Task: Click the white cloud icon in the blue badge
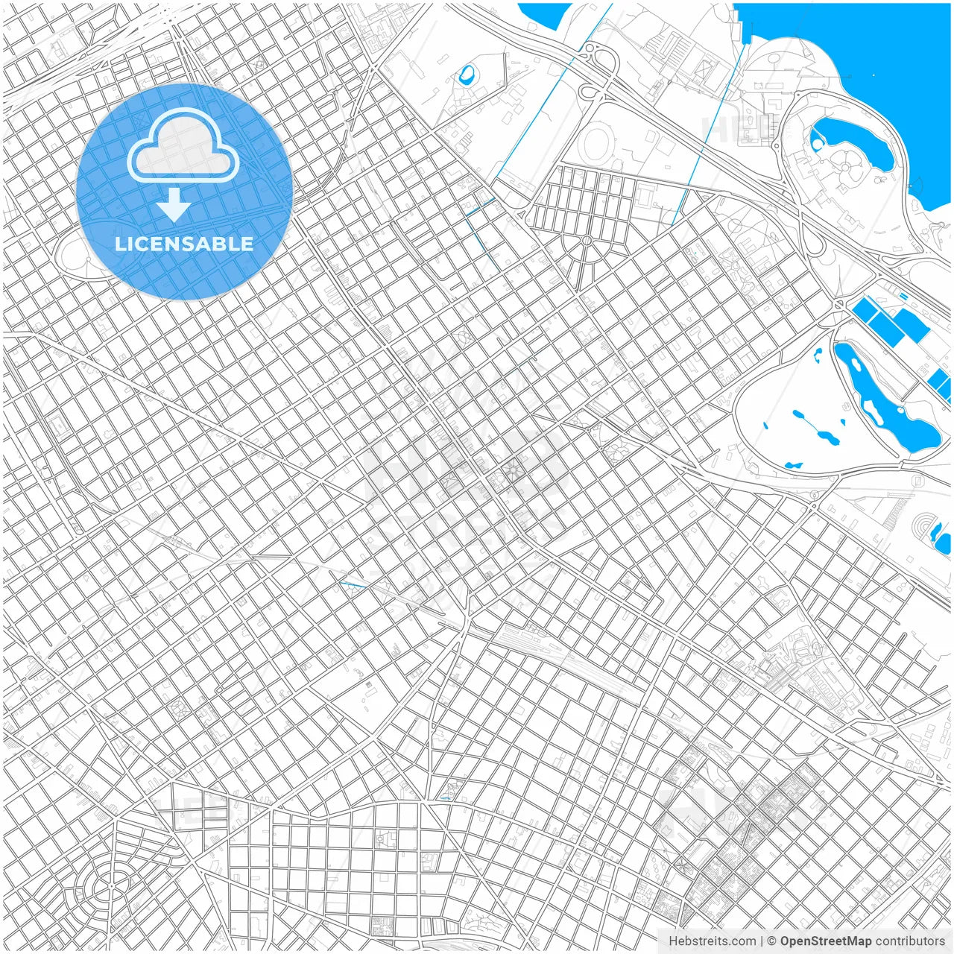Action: click(183, 147)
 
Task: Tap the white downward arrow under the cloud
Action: click(174, 205)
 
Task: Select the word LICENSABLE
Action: click(184, 244)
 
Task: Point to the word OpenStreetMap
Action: click(826, 941)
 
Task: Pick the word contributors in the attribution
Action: click(910, 941)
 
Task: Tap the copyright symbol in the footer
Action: click(772, 941)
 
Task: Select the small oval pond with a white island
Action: click(467, 74)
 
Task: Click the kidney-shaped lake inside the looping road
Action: click(850, 139)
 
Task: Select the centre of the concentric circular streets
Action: click(110, 887)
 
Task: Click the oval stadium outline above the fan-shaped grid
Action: click(596, 142)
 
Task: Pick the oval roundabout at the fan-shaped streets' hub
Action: click(587, 241)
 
